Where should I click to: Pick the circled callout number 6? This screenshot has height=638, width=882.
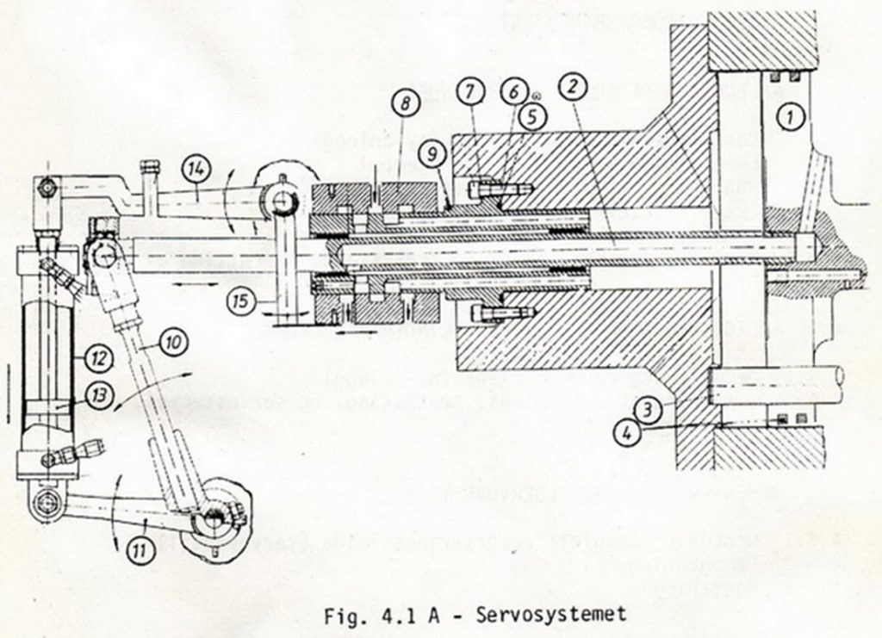click(x=516, y=90)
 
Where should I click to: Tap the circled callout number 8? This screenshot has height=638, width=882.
click(x=405, y=104)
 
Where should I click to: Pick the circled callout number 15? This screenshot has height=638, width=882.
click(x=241, y=301)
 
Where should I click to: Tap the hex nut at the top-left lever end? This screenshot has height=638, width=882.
click(x=48, y=184)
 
